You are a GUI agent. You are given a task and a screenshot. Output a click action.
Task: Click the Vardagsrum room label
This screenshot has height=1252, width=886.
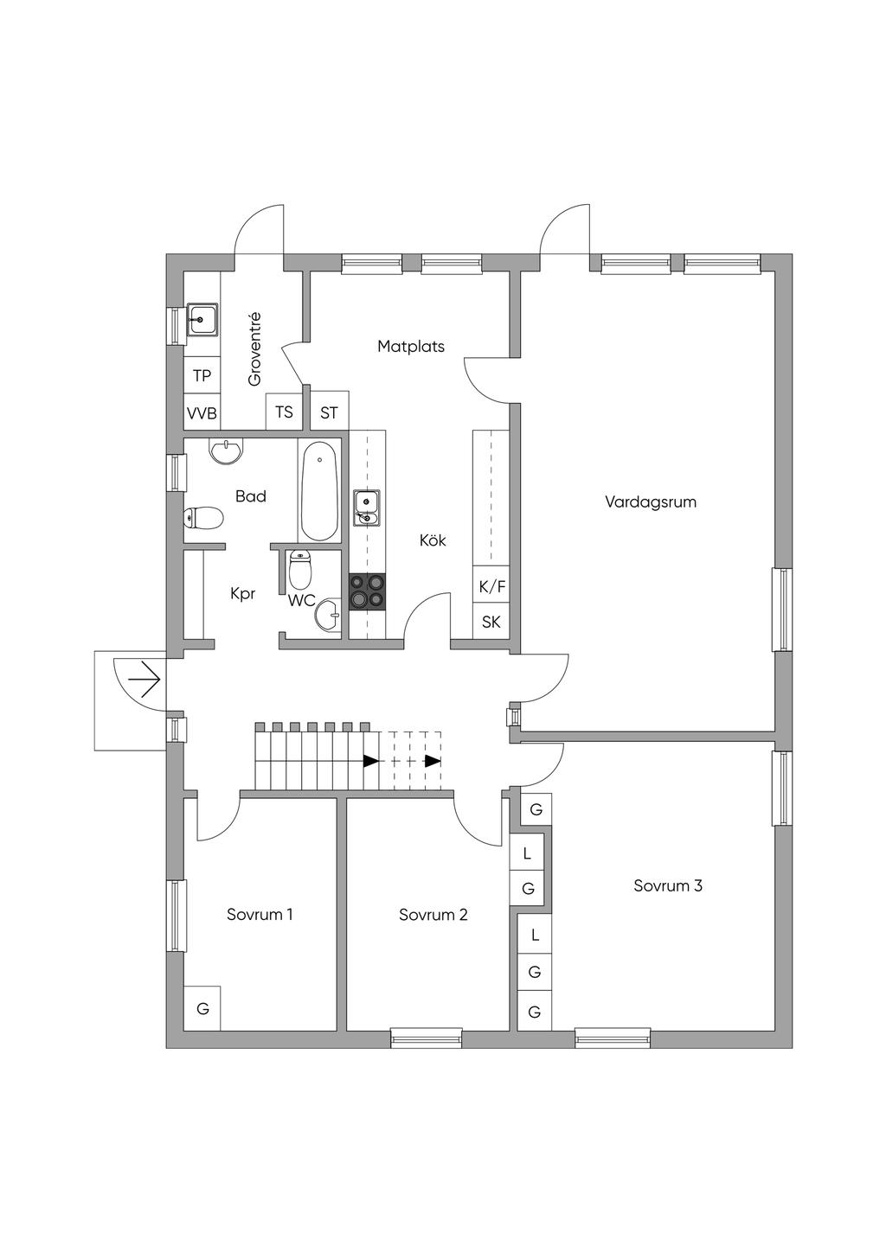point(651,501)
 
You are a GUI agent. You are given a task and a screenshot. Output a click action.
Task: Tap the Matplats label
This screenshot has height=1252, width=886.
point(411,347)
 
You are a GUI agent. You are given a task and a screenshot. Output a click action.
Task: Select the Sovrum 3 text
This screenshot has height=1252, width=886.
point(668,885)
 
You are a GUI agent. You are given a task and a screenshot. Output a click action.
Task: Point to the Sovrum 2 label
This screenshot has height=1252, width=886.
point(433,915)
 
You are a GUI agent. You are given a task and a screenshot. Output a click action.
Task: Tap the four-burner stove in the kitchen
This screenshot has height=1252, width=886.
point(367,591)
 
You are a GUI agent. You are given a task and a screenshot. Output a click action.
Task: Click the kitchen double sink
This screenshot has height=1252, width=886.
point(366,508)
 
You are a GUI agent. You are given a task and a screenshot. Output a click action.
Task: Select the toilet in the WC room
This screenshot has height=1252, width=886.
point(300,570)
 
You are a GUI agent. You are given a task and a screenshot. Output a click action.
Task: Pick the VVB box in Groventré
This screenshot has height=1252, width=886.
point(202,412)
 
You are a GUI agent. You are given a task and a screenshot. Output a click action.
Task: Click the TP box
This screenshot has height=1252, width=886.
point(202,376)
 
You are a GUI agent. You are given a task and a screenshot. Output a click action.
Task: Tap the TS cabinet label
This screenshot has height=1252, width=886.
point(284,412)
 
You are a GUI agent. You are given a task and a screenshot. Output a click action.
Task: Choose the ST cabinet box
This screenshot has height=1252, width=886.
point(329,413)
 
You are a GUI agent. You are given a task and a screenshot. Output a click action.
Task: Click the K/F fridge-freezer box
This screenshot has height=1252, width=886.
point(491,586)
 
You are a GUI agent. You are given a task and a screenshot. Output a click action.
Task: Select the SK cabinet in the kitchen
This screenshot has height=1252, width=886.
point(491,622)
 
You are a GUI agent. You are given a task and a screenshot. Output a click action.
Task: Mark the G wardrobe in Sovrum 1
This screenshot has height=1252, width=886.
point(202,1008)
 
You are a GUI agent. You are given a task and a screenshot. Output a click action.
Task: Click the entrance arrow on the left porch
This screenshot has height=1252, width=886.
point(144,680)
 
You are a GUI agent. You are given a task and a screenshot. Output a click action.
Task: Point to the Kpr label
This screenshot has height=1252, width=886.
point(243,594)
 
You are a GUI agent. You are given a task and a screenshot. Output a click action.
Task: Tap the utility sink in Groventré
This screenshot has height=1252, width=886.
point(202,320)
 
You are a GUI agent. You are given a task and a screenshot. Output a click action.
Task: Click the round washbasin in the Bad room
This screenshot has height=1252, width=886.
point(228,450)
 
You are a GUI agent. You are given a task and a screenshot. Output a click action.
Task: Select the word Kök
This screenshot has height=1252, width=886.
point(433,540)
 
